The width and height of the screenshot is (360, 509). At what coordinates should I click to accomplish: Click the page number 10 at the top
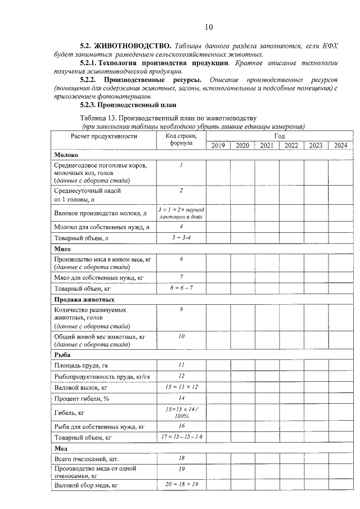209,26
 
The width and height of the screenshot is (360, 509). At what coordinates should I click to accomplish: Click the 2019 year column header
218,145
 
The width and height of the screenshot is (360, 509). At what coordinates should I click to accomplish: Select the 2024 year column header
340,145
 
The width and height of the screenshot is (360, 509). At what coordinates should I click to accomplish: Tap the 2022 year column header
291,145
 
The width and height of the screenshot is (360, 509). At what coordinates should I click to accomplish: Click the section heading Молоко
66,155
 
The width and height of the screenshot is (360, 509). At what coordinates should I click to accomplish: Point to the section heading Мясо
62,248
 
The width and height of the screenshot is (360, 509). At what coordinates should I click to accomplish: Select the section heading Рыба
62,355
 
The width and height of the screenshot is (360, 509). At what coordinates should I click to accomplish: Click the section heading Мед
60,448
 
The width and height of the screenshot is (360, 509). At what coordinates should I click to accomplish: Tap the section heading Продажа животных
84,300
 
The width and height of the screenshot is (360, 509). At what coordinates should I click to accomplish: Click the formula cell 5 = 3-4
181,238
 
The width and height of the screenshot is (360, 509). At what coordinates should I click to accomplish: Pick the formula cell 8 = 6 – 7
181,289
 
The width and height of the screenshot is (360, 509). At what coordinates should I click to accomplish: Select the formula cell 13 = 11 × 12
181,387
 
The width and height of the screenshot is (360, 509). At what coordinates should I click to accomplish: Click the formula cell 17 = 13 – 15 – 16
181,436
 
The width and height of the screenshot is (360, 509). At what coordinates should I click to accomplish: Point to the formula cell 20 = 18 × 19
181,484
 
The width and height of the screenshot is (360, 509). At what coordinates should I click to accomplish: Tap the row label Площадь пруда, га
80,366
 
